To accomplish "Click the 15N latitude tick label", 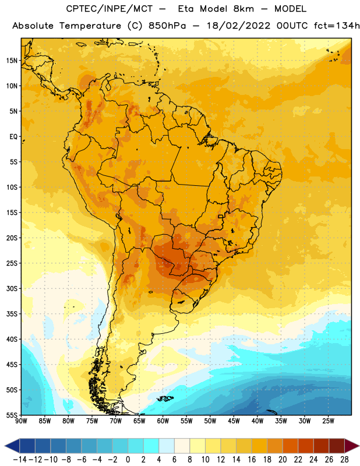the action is [12, 61].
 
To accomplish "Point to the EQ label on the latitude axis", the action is [13, 137].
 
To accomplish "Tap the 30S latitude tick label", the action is [12, 288].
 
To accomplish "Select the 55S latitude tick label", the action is [12, 415].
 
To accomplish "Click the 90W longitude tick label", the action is [21, 421].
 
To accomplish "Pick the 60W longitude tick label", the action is [163, 421].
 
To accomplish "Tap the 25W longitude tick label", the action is [328, 421].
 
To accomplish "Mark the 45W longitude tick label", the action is [234, 421].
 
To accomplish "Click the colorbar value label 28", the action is [344, 460].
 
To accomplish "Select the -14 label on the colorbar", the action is [20, 460].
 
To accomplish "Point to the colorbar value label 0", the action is [128, 460].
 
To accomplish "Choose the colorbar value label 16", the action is [252, 460].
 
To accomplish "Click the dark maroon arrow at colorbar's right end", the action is [351, 446].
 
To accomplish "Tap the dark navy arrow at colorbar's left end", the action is [12, 446].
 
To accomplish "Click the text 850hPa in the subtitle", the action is [167, 26].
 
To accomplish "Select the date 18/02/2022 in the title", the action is [238, 26].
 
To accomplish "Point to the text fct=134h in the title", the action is [337, 26].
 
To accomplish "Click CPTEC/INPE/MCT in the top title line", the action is [110, 9].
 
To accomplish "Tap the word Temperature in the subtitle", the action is [90, 26].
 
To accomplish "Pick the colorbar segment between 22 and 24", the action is [306, 446].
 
